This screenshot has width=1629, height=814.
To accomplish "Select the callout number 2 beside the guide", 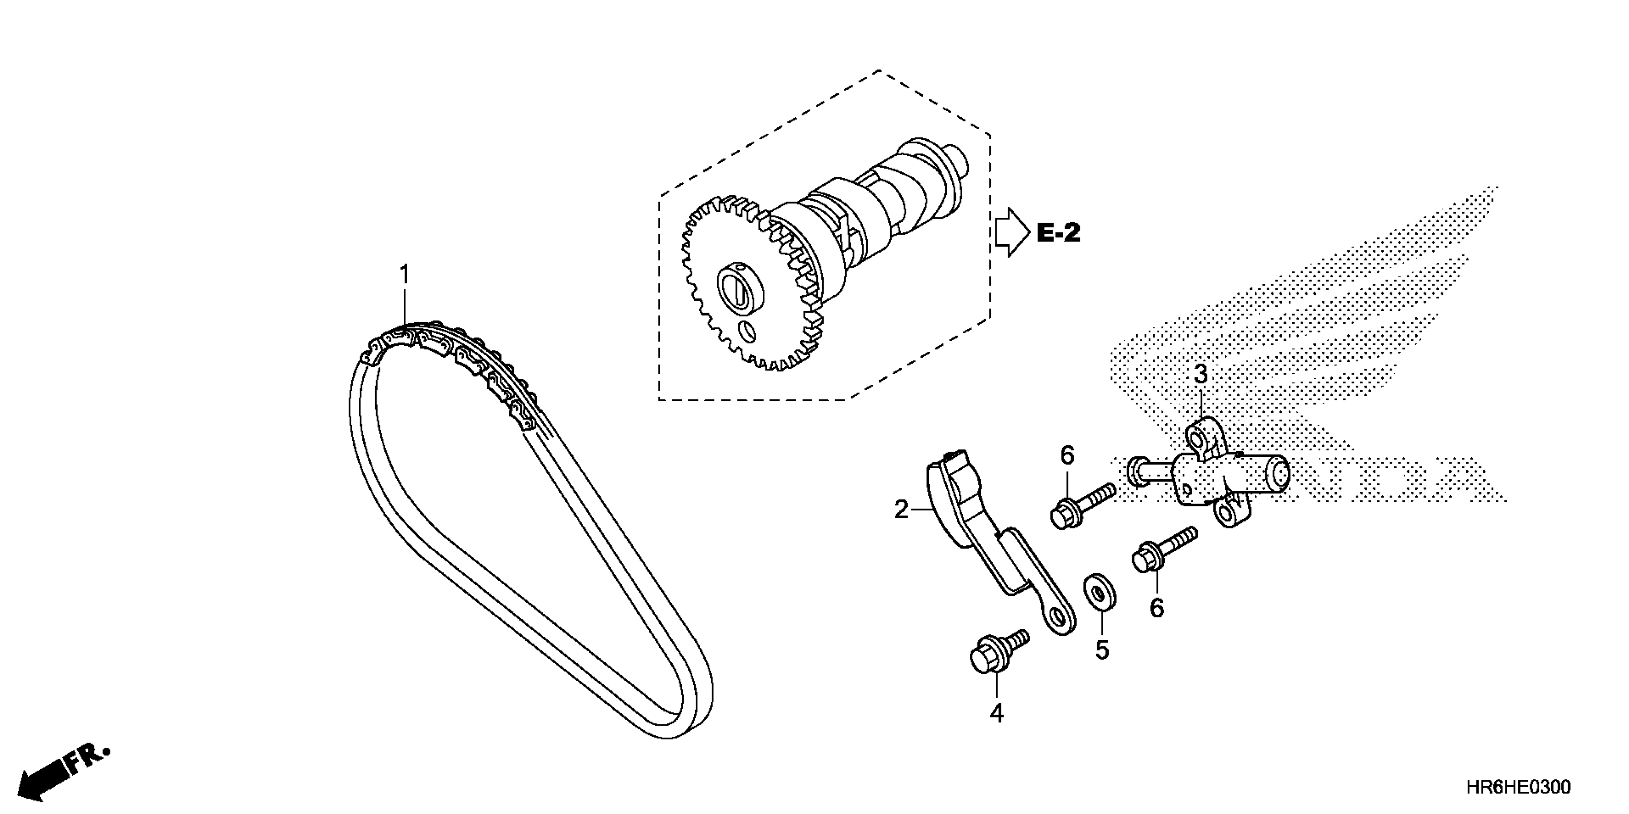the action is (901, 509).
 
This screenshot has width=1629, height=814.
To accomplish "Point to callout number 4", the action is (996, 713).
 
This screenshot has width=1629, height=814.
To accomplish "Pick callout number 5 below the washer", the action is (1102, 650).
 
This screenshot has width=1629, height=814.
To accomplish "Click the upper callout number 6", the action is (1067, 455).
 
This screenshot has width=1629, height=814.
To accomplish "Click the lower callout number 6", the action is (1157, 608).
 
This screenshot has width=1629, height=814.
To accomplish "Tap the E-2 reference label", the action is (1058, 233).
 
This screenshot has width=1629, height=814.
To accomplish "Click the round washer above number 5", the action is (1101, 593).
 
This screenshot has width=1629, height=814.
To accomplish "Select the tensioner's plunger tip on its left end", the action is (1136, 472).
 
